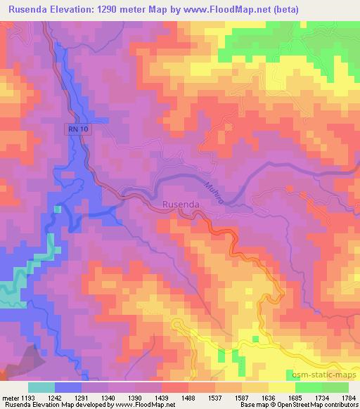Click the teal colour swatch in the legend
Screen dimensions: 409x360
coord(41,387)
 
